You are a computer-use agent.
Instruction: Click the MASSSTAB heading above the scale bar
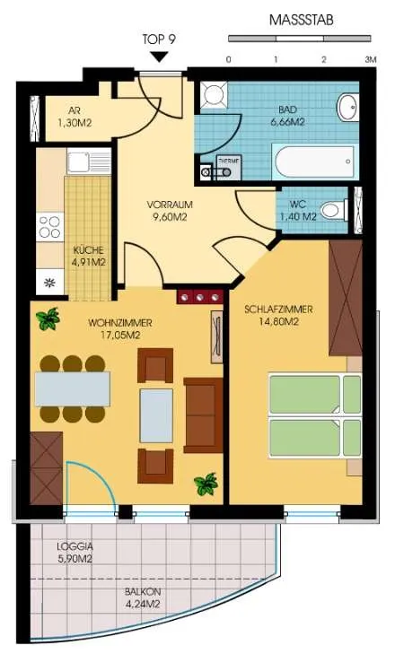point(301,20)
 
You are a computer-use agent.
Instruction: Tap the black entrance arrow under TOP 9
point(160,57)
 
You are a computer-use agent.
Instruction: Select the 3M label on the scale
point(371,59)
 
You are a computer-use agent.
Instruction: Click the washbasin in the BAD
point(347,108)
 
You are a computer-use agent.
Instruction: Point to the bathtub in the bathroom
point(315,161)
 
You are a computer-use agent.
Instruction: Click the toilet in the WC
point(334,210)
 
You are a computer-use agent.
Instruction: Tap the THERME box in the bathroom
point(229,167)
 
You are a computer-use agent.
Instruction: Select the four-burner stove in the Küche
point(50,227)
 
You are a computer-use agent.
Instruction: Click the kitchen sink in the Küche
point(89,161)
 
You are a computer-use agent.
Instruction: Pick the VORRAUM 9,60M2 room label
point(170,211)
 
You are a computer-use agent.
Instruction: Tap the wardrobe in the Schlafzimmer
point(346,298)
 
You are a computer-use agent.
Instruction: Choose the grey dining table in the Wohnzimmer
point(73,388)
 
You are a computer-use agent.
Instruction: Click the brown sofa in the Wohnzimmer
point(204,415)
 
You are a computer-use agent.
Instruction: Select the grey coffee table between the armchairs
point(156,415)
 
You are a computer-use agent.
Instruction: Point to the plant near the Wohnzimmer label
point(48,318)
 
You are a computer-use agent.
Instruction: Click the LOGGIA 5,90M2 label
point(75,553)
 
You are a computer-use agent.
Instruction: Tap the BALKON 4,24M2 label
point(143,598)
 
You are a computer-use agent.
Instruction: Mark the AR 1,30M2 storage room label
point(75,118)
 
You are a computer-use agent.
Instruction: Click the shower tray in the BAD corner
point(214,96)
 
